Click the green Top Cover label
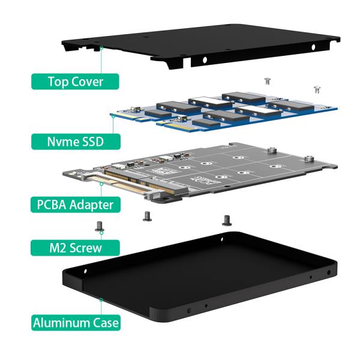[76, 82]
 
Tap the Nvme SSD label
[76, 142]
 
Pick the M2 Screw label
[76, 247]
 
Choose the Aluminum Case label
[76, 322]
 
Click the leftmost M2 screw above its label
[99, 226]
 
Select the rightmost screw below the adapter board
[226, 220]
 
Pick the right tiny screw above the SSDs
[316, 89]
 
